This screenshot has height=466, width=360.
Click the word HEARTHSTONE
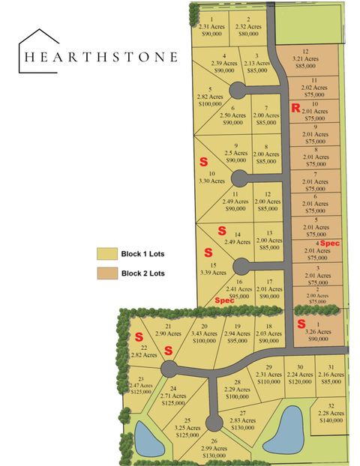(100, 56)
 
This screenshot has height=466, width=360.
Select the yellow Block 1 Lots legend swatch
(106, 254)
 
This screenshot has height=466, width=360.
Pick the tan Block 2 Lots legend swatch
(106, 273)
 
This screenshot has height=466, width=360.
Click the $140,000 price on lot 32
(331, 421)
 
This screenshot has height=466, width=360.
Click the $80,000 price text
(250, 34)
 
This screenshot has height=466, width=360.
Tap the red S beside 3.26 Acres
(301, 324)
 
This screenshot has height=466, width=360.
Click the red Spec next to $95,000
(224, 300)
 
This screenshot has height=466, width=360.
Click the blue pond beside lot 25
(148, 438)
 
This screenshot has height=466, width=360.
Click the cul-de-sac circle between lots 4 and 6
(236, 91)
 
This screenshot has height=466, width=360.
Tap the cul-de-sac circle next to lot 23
(169, 369)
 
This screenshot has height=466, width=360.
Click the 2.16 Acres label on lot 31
(331, 375)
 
